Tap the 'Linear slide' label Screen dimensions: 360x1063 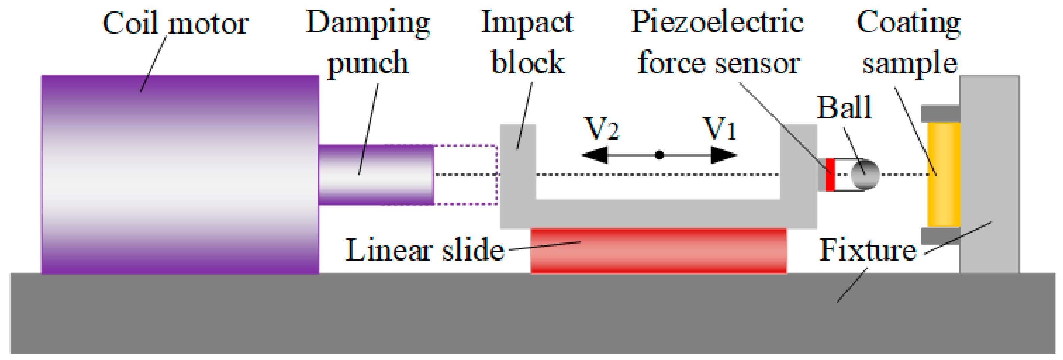[425, 250]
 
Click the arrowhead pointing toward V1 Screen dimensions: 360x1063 [724, 155]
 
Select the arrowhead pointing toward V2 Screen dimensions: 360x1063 [594, 155]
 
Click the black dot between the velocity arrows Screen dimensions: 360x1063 [659, 155]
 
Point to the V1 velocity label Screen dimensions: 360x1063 [720, 129]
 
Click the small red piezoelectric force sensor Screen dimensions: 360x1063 [830, 175]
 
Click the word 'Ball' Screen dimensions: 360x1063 [844, 108]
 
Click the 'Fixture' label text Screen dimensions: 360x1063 [867, 250]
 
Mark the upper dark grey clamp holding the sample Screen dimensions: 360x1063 [940, 114]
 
